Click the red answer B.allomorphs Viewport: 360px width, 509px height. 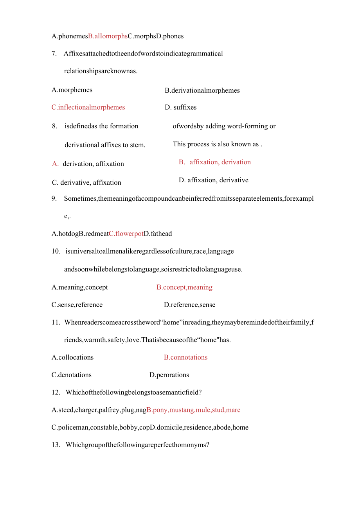coord(108,36)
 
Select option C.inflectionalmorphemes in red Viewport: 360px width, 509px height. coord(88,107)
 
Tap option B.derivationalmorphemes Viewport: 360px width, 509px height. coord(202,90)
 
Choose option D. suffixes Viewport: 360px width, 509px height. coord(180,107)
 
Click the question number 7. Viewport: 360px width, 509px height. coord(54,54)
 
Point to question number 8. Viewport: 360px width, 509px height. coord(55,126)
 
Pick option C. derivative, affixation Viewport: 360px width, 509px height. coord(86,183)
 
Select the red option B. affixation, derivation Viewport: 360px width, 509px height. coord(214,162)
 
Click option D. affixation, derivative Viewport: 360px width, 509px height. coord(213,180)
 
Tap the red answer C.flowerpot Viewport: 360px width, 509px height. coord(126,234)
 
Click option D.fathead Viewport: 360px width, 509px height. coord(158,234)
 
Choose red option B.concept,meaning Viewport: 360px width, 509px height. coord(184,287)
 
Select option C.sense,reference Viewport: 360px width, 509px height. coord(77,305)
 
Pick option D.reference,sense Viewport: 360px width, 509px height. coord(189,305)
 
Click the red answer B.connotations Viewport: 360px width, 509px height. coord(185,357)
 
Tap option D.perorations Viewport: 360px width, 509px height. coord(169,375)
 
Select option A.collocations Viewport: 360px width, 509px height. coord(73,357)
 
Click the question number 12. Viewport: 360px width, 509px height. coord(56,392)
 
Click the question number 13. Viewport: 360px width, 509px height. coord(56,445)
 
